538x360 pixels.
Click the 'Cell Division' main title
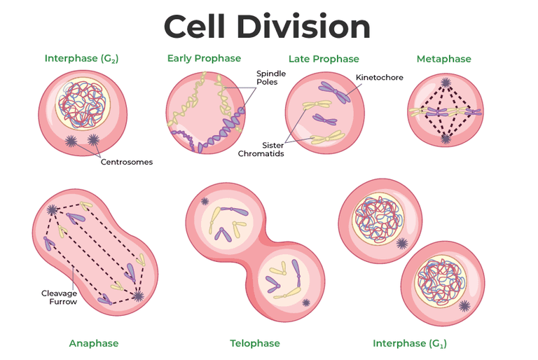267,27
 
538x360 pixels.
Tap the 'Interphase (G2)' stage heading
82,59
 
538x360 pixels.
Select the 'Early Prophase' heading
204,59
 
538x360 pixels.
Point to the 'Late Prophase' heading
324,59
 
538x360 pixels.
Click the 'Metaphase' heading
444,59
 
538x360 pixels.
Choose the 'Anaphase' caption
94,343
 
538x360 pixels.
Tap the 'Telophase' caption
255,343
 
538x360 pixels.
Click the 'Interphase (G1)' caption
410,343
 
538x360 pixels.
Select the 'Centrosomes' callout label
127,162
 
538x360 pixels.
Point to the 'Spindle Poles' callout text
271,78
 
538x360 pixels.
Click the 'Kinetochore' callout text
380,78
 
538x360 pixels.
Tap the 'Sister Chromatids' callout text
261,149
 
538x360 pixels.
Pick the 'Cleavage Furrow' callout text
59,298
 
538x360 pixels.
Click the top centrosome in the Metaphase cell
446,83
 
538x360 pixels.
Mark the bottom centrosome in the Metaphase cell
446,139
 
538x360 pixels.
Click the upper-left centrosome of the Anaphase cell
52,209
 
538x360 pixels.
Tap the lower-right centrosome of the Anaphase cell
138,296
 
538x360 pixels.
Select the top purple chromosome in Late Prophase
335,92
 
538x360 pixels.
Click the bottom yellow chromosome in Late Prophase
328,137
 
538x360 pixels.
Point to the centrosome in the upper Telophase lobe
205,202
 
